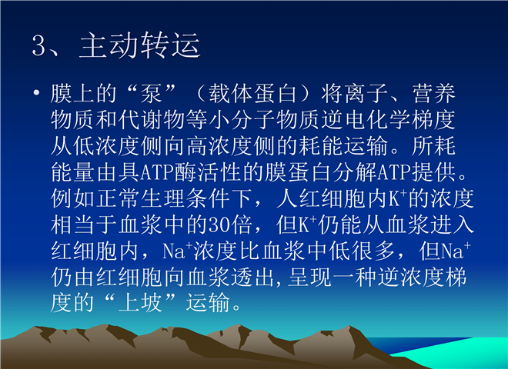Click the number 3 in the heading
click(40, 46)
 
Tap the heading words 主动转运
click(139, 45)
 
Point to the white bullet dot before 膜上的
click(36, 93)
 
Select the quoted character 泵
click(152, 94)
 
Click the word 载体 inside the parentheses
click(230, 94)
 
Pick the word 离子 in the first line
click(366, 94)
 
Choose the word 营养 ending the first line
click(434, 94)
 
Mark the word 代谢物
click(152, 120)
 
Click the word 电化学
click(377, 120)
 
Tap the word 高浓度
click(219, 146)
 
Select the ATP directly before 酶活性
click(158, 172)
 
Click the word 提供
click(434, 172)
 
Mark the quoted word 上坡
click(140, 304)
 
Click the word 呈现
click(310, 277)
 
